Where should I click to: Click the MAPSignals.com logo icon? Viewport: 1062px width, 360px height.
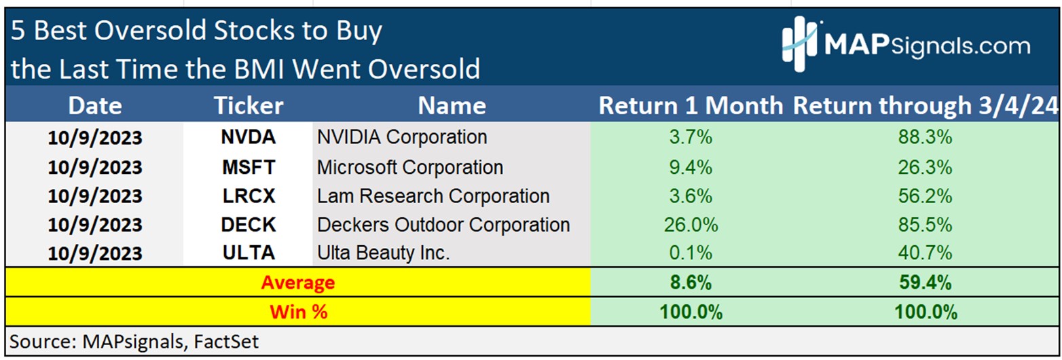tap(799, 44)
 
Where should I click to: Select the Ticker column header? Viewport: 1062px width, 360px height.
tap(249, 105)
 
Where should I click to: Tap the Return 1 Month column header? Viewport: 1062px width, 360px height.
tap(691, 105)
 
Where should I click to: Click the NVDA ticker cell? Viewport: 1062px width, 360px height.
tap(249, 137)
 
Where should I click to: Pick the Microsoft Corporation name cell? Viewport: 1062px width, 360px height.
tap(410, 167)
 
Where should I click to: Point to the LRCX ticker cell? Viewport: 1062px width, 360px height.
tap(249, 196)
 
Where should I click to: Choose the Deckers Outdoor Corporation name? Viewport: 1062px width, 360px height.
tap(443, 225)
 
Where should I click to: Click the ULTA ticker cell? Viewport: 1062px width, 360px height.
tap(249, 253)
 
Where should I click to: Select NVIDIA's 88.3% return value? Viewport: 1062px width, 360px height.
tap(925, 137)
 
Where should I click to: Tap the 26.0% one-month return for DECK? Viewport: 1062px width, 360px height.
tap(691, 225)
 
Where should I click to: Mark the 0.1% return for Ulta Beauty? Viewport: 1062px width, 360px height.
tap(691, 253)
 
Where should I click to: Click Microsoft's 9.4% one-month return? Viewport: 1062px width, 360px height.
tap(691, 167)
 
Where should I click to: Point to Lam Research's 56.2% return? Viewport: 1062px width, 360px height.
tap(925, 196)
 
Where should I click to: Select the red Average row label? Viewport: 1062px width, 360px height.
tap(298, 283)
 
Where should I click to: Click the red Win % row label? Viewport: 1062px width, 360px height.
tap(299, 312)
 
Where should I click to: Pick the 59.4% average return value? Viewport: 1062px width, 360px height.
tap(925, 283)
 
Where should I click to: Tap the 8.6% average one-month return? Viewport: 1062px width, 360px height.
tap(691, 283)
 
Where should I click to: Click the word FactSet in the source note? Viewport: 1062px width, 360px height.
tap(226, 342)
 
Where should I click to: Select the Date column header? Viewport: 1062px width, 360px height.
tap(95, 105)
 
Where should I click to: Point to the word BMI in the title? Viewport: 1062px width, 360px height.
tap(259, 69)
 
